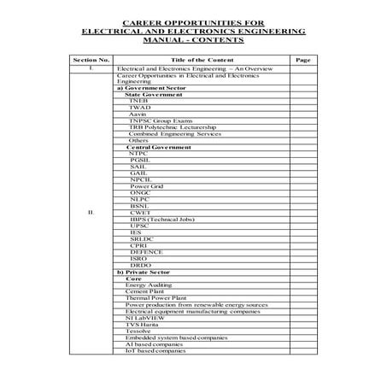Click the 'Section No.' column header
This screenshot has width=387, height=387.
(x=91, y=60)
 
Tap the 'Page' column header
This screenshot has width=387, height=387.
(x=302, y=60)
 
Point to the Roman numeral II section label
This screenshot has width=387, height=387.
(x=91, y=213)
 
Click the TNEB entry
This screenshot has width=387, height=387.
(x=138, y=101)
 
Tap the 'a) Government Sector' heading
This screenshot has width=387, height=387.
(x=150, y=87)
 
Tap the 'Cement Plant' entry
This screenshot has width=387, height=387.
(x=144, y=292)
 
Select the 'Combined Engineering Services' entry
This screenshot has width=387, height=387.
(x=169, y=134)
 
